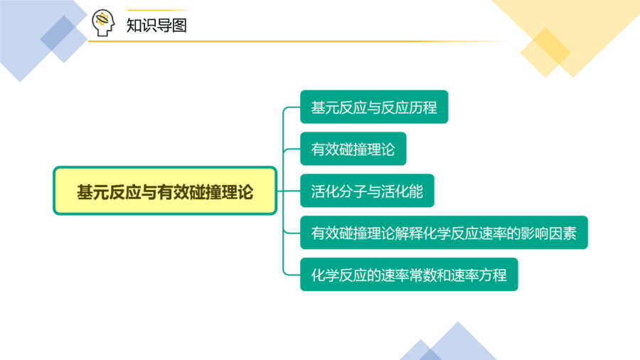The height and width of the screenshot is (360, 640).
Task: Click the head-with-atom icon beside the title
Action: tap(103, 23)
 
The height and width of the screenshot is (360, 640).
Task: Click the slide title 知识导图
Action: tap(156, 26)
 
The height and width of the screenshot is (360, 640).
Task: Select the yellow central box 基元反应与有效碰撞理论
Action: tap(165, 191)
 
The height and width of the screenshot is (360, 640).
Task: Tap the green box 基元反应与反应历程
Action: tap(374, 107)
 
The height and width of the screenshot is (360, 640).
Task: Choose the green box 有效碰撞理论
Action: tap(353, 149)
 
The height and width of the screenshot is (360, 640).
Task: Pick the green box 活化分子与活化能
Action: tap(367, 191)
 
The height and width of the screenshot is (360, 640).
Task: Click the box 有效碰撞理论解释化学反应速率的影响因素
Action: tap(444, 233)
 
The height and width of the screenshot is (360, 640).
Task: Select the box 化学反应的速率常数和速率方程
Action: tap(409, 275)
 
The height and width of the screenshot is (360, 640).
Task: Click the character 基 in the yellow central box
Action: tap(85, 192)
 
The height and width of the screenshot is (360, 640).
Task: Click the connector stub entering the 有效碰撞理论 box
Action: tap(292, 149)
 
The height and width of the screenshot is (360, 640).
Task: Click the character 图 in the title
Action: tap(179, 26)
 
